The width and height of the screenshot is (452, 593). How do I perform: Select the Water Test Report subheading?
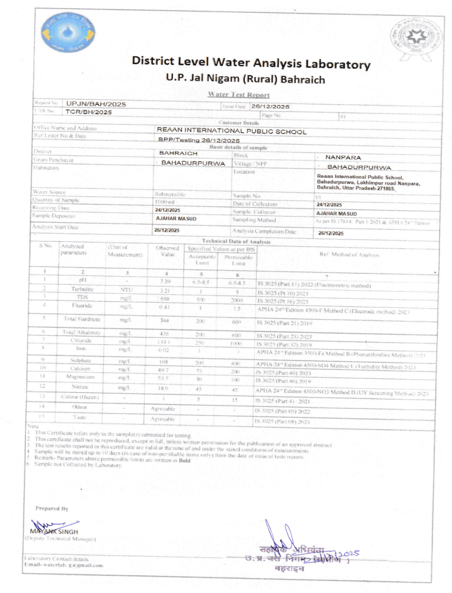coord(239,94)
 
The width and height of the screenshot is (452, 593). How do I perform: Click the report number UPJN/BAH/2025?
coord(96,104)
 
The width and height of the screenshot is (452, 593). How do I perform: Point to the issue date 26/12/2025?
coord(270,106)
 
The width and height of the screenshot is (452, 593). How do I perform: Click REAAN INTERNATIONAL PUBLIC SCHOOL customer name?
coord(231,131)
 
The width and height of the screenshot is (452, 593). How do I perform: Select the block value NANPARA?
coord(343,157)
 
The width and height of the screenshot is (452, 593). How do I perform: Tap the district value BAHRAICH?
coord(178,153)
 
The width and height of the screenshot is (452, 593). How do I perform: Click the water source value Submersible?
coord(170,194)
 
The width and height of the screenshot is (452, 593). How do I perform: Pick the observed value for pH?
coord(165,281)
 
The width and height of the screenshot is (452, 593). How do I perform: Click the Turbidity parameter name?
coord(82,289)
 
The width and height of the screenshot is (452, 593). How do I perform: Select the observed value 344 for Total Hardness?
coord(164,320)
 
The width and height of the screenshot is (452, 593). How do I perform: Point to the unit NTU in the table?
coord(126,290)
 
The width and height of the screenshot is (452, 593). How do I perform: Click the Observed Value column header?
coord(167,251)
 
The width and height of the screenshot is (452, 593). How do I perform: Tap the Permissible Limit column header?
coord(238,260)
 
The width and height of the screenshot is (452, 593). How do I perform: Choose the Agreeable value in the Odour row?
coord(163,409)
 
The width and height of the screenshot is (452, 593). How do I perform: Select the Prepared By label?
coord(52,509)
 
